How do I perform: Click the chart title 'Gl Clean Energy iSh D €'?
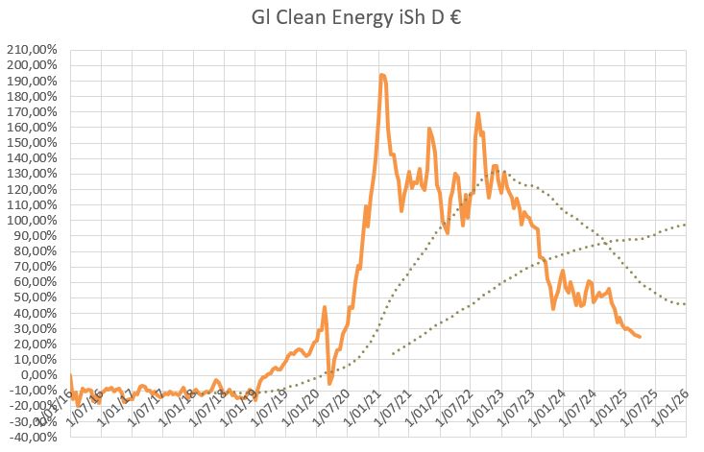coord(351,18)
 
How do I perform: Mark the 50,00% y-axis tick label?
coord(35,297)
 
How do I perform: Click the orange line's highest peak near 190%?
coord(382,75)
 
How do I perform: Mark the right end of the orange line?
coord(641,337)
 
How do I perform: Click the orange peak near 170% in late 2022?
coord(477,113)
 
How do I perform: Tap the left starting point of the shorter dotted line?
coord(393,354)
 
